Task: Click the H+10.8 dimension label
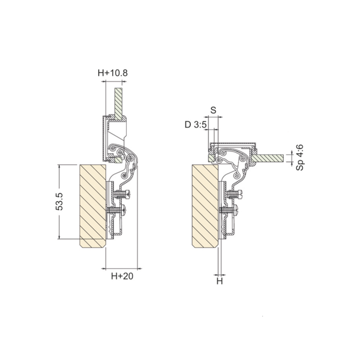[x=113, y=73]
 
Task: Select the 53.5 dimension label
[x=60, y=202]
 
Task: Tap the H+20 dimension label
[x=122, y=276]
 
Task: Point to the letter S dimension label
[x=213, y=110]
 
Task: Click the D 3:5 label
[x=195, y=125]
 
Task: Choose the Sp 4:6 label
[x=300, y=157]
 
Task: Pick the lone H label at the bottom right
[x=220, y=281]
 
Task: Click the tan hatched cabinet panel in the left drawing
[x=93, y=206]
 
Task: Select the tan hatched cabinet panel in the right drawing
[x=205, y=206]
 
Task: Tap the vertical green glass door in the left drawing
[x=119, y=104]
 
